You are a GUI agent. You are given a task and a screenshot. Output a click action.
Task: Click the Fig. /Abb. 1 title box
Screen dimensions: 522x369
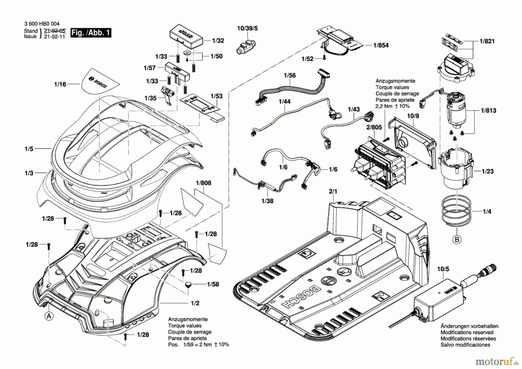click(91, 33)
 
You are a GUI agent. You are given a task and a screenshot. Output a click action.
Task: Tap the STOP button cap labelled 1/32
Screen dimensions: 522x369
click(186, 37)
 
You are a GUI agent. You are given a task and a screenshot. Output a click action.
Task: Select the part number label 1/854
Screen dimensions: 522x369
click(381, 45)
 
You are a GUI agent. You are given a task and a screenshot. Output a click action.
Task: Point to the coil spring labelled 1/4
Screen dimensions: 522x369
click(456, 210)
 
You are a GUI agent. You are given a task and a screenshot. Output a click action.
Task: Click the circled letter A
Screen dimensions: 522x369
click(49, 316)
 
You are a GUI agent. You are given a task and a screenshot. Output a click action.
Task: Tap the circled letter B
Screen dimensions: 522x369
click(457, 240)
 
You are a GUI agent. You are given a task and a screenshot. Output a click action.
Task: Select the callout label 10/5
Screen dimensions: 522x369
click(443, 269)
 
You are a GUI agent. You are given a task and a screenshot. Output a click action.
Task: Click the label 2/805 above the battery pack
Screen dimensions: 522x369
click(374, 127)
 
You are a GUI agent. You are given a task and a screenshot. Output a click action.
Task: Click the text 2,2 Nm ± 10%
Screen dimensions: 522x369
click(393, 106)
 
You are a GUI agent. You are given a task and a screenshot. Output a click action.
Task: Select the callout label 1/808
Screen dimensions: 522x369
click(204, 183)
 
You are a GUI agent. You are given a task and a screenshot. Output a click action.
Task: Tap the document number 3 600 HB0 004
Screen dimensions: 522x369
click(42, 24)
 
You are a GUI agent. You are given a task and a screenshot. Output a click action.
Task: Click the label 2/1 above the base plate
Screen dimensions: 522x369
click(333, 191)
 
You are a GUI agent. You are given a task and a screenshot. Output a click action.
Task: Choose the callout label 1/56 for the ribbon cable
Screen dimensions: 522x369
click(290, 75)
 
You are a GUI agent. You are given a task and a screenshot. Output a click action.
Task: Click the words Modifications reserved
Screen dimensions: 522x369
click(467, 332)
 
